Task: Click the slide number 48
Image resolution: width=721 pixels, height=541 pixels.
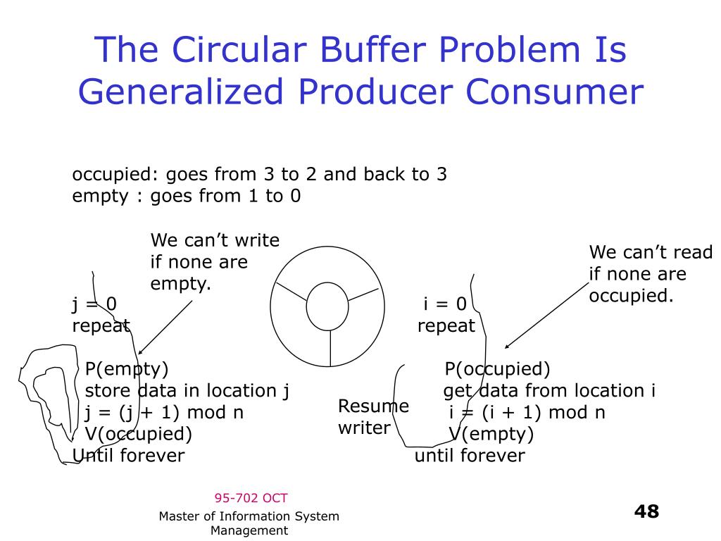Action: tap(646, 511)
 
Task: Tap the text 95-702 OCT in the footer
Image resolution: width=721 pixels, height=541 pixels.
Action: tap(251, 498)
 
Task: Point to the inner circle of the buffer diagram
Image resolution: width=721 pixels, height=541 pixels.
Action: tap(329, 305)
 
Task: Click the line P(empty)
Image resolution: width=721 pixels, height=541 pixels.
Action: tap(127, 369)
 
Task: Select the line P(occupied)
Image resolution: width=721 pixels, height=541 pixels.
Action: tap(497, 369)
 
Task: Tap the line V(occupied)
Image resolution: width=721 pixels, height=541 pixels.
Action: tap(138, 433)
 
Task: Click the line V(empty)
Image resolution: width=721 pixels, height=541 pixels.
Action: tap(491, 433)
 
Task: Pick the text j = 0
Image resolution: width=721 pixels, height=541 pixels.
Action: tap(94, 304)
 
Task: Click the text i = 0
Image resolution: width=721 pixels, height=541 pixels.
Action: tap(445, 304)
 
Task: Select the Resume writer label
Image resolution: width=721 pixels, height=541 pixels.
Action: tap(373, 417)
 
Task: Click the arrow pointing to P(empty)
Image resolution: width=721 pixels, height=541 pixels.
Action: tap(166, 328)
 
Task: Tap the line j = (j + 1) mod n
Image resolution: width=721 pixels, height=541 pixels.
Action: tap(164, 412)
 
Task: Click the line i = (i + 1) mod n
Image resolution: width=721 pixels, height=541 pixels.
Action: tap(527, 412)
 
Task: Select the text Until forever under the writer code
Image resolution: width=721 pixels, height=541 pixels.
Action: tap(129, 456)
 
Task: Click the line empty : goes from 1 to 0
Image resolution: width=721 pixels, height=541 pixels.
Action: tap(187, 196)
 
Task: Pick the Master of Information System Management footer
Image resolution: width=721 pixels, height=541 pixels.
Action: tap(249, 523)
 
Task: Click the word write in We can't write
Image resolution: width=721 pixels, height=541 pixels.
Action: tap(256, 241)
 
